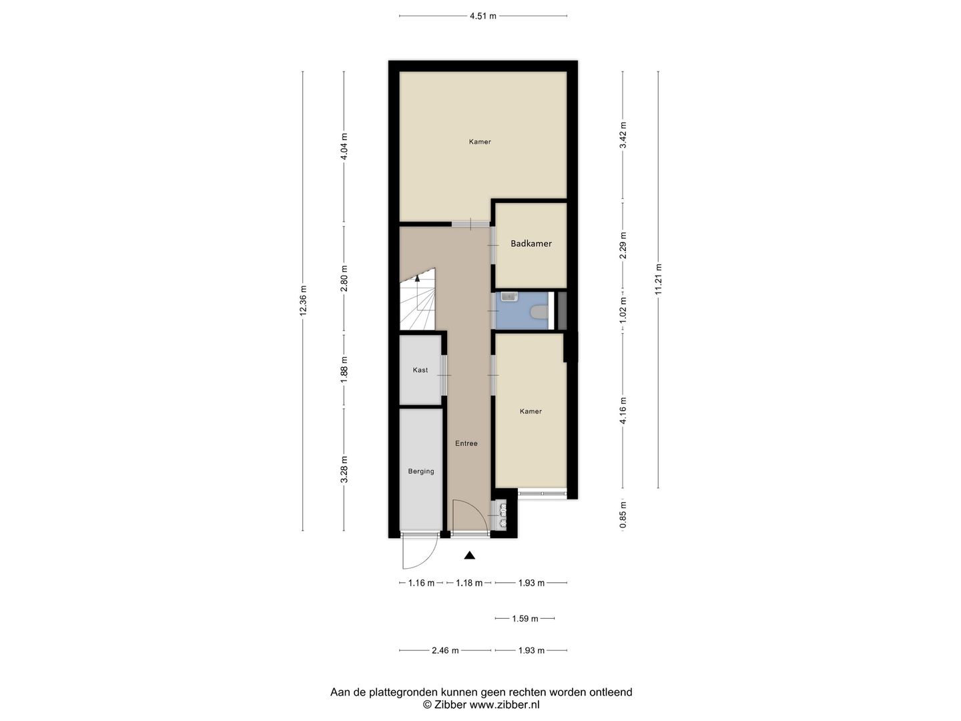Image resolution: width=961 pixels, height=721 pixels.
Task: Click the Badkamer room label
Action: tap(531, 244)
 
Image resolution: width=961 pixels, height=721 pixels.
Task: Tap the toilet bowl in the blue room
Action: tap(539, 312)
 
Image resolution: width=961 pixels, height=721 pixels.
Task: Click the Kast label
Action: tap(420, 370)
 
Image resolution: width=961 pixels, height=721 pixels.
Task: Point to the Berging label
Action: tap(421, 471)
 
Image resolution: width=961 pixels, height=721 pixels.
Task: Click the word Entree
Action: tap(466, 443)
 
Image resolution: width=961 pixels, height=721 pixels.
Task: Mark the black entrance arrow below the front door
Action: tap(470, 555)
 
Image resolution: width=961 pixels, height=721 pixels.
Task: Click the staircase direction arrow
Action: tap(418, 279)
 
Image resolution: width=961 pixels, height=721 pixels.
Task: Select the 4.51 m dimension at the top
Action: tap(483, 16)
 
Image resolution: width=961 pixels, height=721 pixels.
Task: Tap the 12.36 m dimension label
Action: tap(303, 300)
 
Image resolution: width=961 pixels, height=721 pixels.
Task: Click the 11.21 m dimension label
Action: tap(658, 279)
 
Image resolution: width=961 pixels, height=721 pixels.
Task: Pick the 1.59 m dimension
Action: tap(525, 619)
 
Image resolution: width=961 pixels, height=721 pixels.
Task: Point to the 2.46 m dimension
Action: tap(445, 650)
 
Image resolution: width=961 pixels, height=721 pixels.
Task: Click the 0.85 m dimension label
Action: tap(623, 515)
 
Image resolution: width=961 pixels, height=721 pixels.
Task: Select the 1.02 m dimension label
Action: tap(623, 310)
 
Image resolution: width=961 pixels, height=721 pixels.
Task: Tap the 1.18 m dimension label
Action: tap(469, 583)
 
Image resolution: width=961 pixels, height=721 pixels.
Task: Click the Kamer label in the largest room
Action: tap(480, 142)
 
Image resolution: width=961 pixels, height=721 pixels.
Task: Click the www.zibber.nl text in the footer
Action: tap(505, 704)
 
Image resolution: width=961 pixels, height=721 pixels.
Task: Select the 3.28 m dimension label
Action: tap(344, 469)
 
